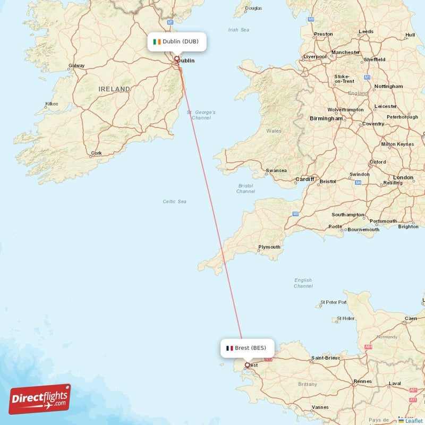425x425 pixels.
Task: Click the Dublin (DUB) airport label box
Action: click(x=177, y=42)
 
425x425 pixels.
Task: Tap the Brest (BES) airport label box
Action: click(x=248, y=348)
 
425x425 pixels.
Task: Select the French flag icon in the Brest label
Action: click(x=229, y=348)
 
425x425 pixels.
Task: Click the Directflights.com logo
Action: click(x=40, y=399)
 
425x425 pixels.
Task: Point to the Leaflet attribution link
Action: click(x=414, y=420)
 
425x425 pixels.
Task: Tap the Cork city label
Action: click(x=96, y=154)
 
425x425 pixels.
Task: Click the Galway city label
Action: click(x=76, y=66)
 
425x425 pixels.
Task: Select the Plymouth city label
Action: click(x=269, y=247)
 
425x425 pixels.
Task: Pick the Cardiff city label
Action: click(x=305, y=179)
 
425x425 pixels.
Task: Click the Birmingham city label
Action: click(x=326, y=118)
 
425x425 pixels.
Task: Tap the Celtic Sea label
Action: click(x=175, y=201)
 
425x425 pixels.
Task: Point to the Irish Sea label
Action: click(x=238, y=30)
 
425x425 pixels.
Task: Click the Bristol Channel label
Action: click(x=246, y=189)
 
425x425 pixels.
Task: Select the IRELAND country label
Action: click(x=114, y=89)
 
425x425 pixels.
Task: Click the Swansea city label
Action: click(x=276, y=171)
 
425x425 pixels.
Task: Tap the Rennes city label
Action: click(x=363, y=381)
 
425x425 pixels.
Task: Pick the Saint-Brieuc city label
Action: click(x=326, y=358)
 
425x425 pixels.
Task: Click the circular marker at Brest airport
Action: click(x=247, y=365)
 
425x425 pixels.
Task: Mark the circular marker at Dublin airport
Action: click(x=177, y=59)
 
